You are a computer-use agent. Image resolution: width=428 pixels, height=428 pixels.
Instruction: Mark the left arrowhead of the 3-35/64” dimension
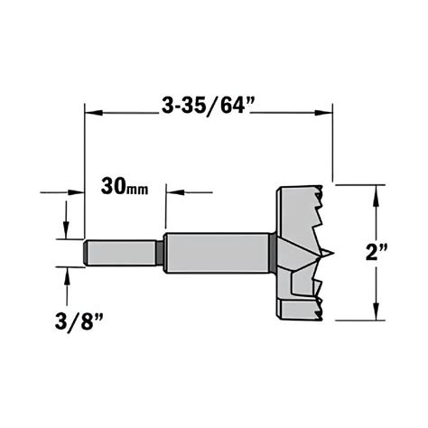[91, 113]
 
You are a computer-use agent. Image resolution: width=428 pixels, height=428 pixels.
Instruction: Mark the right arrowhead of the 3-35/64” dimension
[327, 113]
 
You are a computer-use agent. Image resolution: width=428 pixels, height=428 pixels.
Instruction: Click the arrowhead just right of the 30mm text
[172, 191]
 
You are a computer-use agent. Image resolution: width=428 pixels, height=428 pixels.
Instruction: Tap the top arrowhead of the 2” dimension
[375, 191]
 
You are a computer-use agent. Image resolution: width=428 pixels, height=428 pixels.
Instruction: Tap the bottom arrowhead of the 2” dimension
[375, 313]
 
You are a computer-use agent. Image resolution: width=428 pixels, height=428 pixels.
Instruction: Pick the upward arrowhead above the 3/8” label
[67, 274]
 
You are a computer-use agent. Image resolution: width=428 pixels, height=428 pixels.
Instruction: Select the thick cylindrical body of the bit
[217, 252]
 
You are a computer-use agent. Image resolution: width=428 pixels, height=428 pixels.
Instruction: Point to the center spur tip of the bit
[331, 253]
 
